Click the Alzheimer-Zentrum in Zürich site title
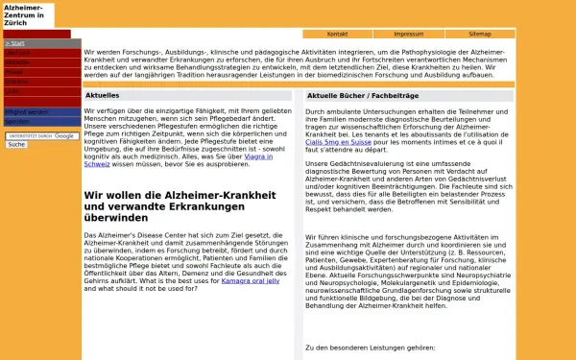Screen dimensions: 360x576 26,14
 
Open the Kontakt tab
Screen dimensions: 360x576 337,34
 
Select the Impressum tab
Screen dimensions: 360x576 408,34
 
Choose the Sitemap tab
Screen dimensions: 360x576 480,34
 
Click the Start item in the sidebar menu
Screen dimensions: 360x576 15,44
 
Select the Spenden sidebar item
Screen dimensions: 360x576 17,122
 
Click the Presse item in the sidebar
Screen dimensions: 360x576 14,72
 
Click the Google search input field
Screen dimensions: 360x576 41,136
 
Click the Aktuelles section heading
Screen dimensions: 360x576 103,96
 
